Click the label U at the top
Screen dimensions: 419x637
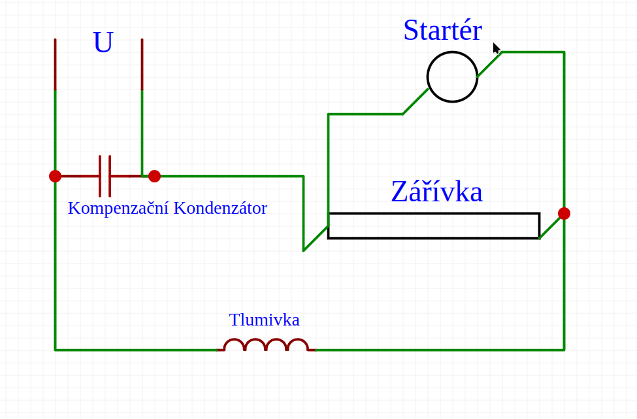point(103,42)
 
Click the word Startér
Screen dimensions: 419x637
point(442,30)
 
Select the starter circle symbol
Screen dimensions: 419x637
point(452,77)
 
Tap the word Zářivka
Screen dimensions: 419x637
point(436,192)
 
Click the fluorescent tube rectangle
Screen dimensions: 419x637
point(433,226)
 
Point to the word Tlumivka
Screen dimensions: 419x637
point(264,320)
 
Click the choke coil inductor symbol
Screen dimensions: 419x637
point(266,345)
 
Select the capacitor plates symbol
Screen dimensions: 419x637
point(105,176)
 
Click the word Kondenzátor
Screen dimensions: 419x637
point(220,208)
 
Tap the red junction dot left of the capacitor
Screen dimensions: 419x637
point(55,176)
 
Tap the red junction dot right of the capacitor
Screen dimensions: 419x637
point(154,176)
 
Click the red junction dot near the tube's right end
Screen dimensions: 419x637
point(564,213)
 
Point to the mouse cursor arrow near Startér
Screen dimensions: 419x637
point(496,48)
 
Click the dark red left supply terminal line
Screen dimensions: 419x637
point(55,64)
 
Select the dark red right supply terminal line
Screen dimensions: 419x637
point(142,64)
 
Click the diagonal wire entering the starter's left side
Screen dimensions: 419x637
point(415,102)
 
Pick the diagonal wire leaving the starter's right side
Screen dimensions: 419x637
point(489,65)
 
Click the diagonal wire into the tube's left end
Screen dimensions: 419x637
point(316,239)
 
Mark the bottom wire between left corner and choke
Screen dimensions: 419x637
point(137,350)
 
